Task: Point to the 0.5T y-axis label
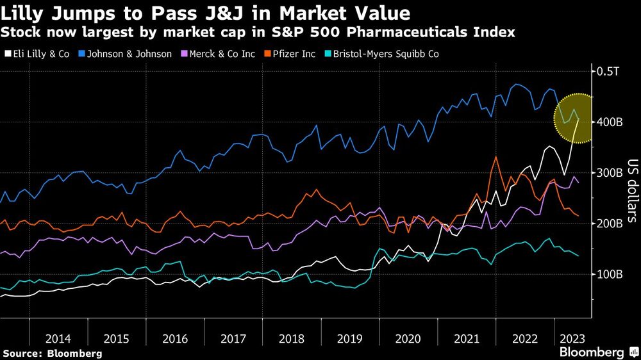pyautogui.click(x=608, y=71)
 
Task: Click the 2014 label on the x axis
pyautogui.click(x=58, y=338)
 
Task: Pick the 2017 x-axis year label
pyautogui.click(x=234, y=338)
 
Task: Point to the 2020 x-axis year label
pyautogui.click(x=408, y=338)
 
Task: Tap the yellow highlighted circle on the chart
pyautogui.click(x=579, y=119)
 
